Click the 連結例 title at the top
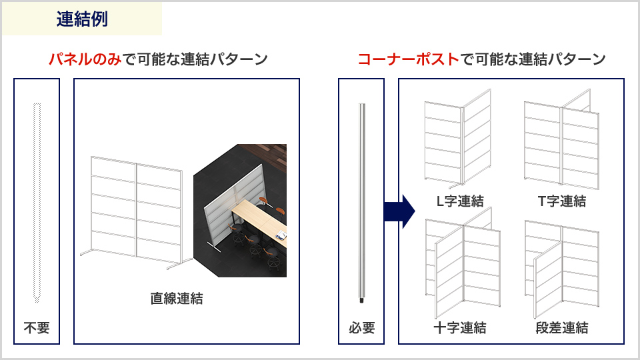[82, 19]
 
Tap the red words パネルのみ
[85, 59]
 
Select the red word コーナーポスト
[409, 59]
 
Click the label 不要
[37, 328]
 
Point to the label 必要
[361, 328]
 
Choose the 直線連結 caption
[176, 299]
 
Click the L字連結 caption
[460, 201]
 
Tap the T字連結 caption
[561, 201]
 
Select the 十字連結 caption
[460, 328]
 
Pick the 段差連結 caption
[561, 328]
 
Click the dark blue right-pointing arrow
[399, 211]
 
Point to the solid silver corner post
[361, 203]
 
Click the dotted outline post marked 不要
[37, 203]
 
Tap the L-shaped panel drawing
[457, 139]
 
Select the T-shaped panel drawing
[561, 139]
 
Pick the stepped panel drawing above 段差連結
[562, 269]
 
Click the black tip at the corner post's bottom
[361, 301]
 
